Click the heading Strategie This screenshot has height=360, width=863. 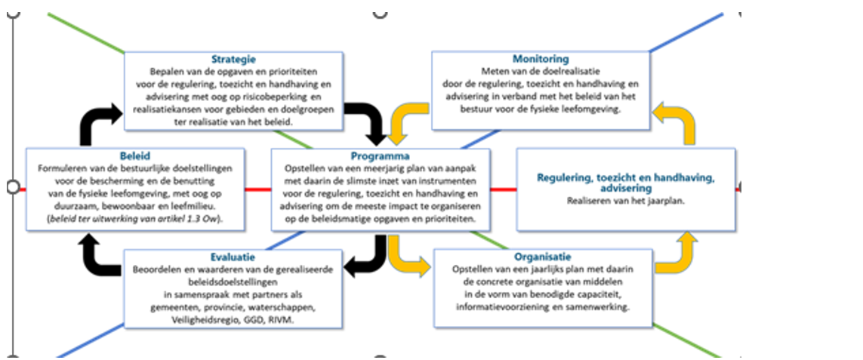[233, 59]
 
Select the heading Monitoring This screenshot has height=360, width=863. [540, 59]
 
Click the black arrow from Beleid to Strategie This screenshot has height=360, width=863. [96, 122]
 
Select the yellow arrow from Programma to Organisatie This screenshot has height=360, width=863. [408, 257]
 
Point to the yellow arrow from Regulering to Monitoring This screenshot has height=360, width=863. [677, 122]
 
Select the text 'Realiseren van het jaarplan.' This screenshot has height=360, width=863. [624, 201]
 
